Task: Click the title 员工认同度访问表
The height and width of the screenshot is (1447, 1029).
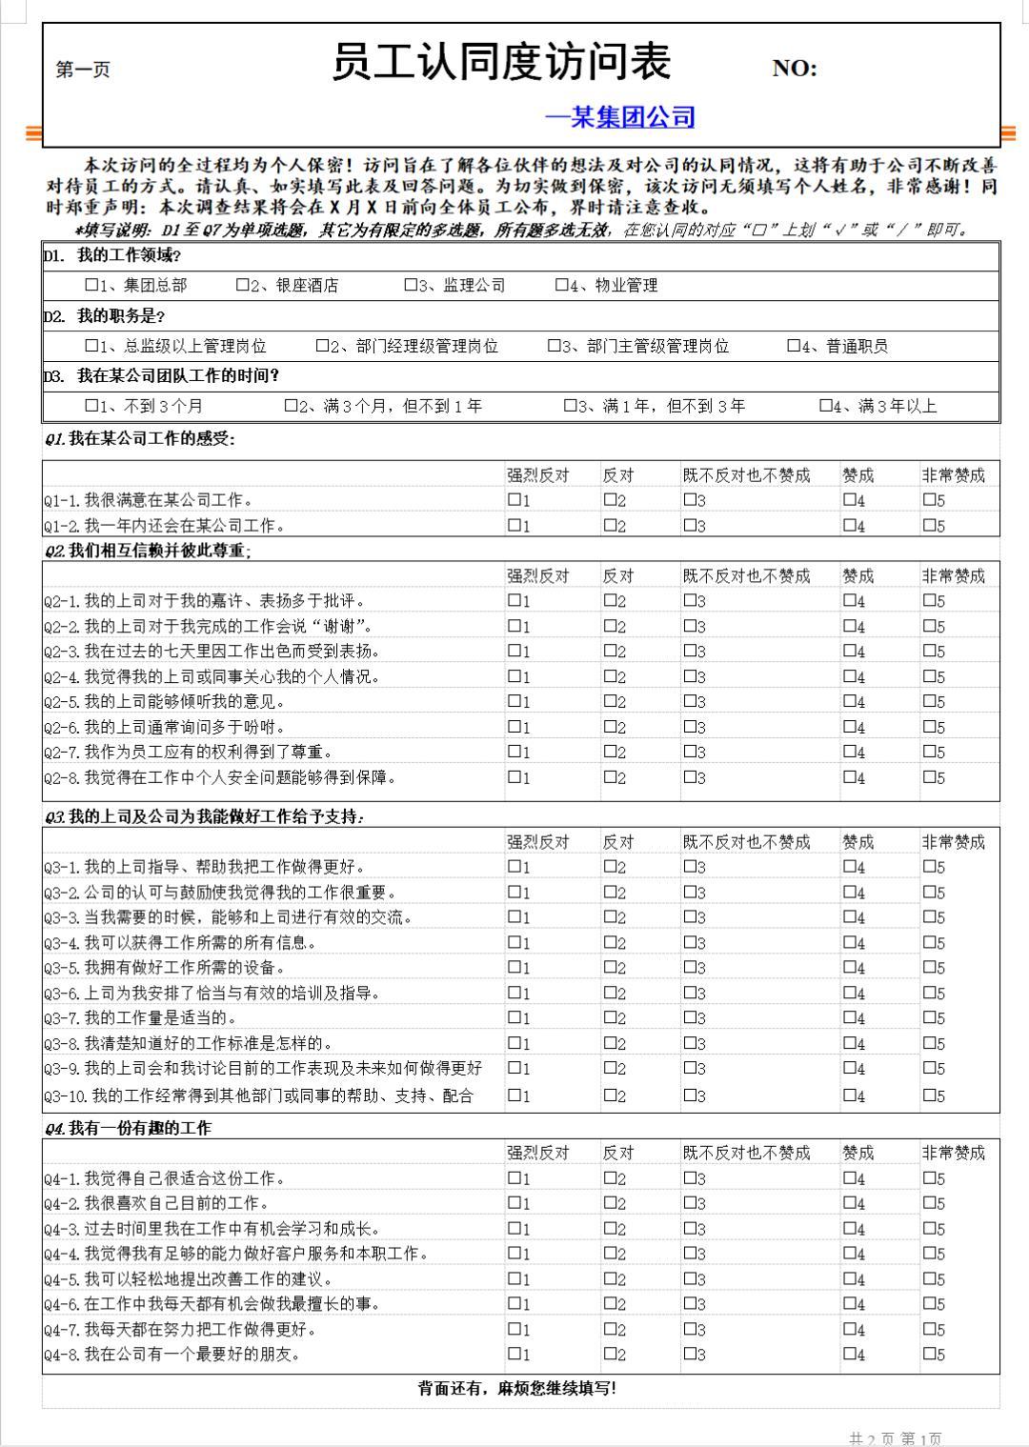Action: (x=501, y=63)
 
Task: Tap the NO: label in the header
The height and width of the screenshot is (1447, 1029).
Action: (x=794, y=69)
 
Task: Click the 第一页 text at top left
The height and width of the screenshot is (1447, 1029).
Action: (x=83, y=70)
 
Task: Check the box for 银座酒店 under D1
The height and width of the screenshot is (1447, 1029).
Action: (x=242, y=285)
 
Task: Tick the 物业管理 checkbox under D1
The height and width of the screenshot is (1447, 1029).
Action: (x=561, y=285)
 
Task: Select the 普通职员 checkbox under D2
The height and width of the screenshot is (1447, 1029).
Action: (x=794, y=346)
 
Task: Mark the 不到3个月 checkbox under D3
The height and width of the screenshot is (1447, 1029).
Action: (x=91, y=406)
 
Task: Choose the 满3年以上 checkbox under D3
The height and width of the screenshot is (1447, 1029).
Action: (x=826, y=406)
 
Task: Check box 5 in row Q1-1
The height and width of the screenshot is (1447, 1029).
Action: (x=928, y=499)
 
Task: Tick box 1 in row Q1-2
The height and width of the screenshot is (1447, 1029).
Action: (x=514, y=524)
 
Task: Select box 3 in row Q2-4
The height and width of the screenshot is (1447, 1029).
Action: (x=689, y=675)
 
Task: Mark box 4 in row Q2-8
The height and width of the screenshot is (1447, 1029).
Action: (x=848, y=776)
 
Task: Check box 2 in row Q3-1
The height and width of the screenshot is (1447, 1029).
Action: (x=609, y=866)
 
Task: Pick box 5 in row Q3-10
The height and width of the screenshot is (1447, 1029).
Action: (x=928, y=1095)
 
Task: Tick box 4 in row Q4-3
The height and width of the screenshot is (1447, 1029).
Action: (x=848, y=1228)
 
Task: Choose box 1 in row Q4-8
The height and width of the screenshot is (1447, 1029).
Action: (x=514, y=1353)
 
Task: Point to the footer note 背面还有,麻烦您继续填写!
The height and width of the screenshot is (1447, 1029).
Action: (x=517, y=1388)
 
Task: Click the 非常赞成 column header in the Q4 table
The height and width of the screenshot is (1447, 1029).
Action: (x=953, y=1153)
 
